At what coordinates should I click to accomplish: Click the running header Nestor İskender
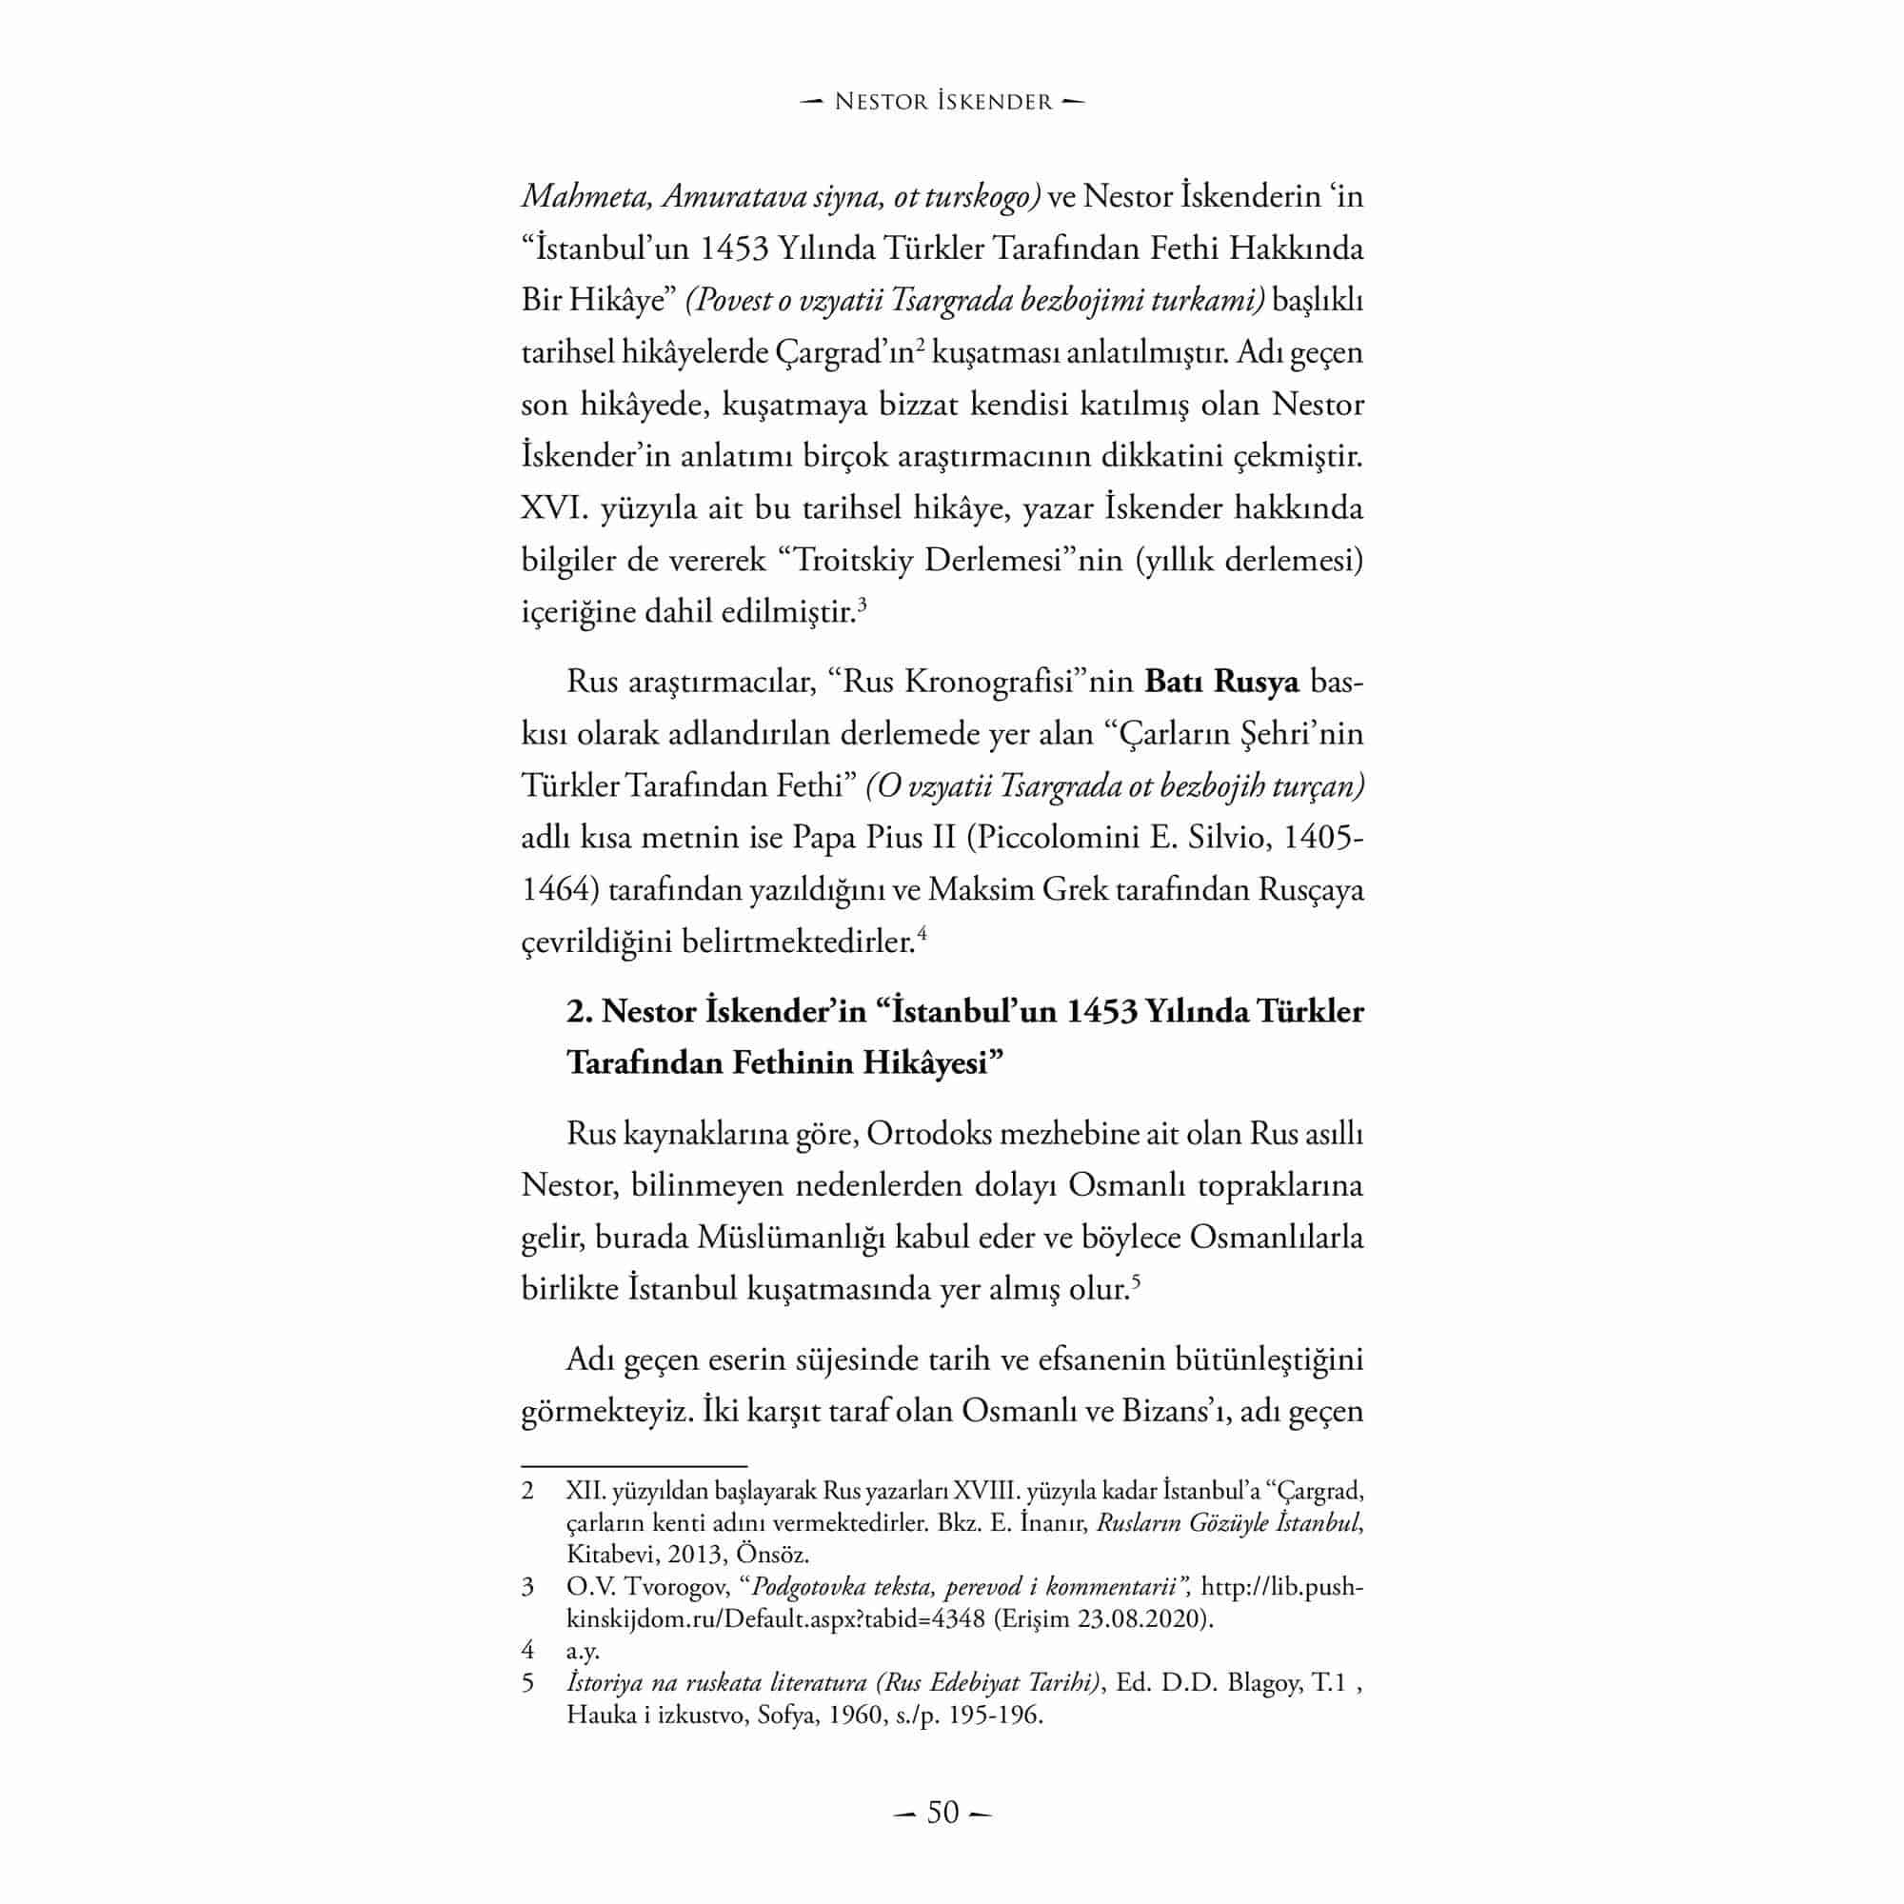(x=943, y=102)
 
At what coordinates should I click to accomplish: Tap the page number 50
(x=943, y=1813)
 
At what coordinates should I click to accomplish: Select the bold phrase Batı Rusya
(x=1222, y=682)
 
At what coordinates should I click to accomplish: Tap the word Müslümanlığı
(x=791, y=1237)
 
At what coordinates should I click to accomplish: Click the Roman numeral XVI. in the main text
(x=555, y=509)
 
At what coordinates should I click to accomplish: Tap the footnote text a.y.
(x=583, y=1650)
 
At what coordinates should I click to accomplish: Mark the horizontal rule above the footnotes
(x=634, y=1466)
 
